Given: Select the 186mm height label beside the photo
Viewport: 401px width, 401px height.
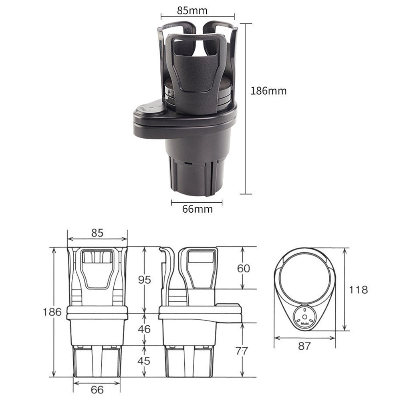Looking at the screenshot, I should pyautogui.click(x=268, y=91).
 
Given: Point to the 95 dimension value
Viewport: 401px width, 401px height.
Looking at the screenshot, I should pyautogui.click(x=144, y=280).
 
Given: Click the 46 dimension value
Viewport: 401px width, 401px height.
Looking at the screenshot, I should pyautogui.click(x=144, y=329).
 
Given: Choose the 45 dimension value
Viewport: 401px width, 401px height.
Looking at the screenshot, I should pyautogui.click(x=144, y=361).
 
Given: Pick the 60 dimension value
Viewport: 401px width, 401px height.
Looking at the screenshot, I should pyautogui.click(x=244, y=268).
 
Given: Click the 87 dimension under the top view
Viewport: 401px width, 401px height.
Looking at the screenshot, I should pyautogui.click(x=304, y=346).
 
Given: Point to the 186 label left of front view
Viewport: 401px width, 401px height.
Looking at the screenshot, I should pyautogui.click(x=52, y=312).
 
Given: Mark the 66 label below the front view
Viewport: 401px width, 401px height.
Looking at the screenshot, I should pyautogui.click(x=97, y=389).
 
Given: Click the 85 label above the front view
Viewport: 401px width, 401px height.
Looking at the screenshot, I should pyautogui.click(x=97, y=233).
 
